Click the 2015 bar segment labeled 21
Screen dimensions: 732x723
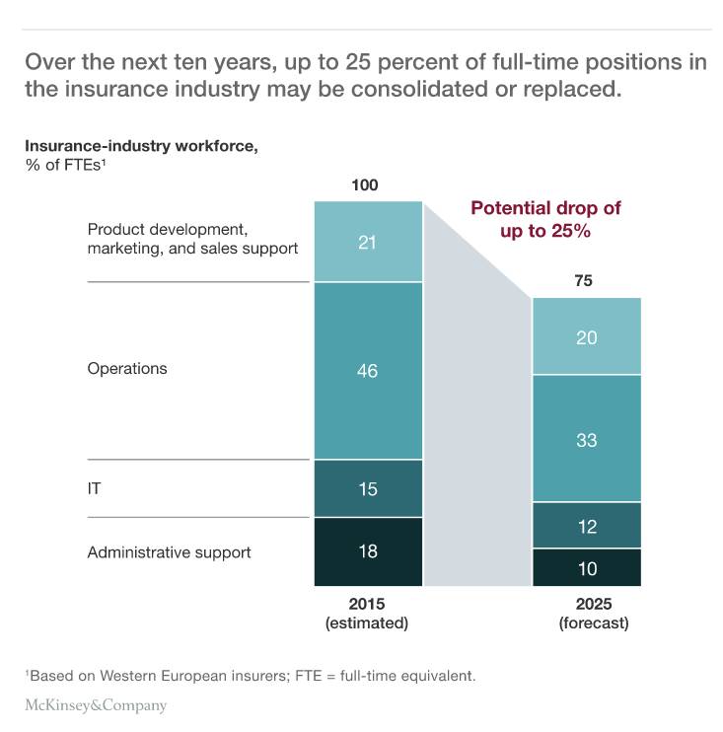(x=368, y=242)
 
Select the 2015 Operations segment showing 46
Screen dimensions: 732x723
(x=368, y=371)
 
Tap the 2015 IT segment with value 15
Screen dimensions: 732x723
(x=368, y=488)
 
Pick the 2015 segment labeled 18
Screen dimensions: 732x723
(x=368, y=551)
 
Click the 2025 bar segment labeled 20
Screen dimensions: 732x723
(x=587, y=336)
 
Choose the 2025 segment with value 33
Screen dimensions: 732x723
(x=587, y=439)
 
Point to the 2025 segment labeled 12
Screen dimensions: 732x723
(x=587, y=526)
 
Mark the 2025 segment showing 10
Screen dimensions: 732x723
(x=587, y=567)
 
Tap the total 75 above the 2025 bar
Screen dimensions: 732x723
(x=584, y=281)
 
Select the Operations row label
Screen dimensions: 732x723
(x=127, y=369)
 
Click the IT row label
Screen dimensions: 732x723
(x=96, y=487)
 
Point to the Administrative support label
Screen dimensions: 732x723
(x=169, y=552)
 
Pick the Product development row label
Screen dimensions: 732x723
(x=192, y=239)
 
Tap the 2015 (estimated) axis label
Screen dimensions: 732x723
(x=366, y=614)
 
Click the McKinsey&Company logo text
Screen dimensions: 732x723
(x=96, y=705)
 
